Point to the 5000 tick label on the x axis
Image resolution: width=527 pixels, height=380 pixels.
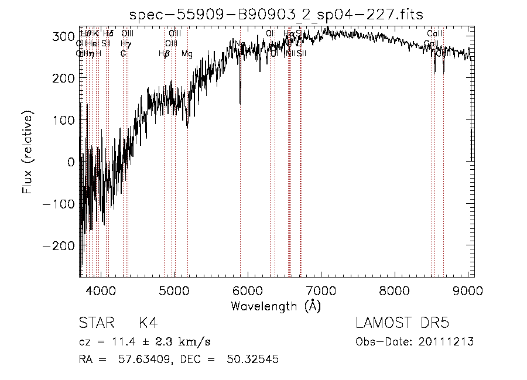pos(174,291)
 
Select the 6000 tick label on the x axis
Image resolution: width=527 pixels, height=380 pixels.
pos(248,291)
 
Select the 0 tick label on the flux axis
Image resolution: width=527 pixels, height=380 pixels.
pos(71,162)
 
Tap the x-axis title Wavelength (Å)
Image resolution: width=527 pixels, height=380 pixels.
pos(276,306)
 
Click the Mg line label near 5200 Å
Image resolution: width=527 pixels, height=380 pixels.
pos(187,54)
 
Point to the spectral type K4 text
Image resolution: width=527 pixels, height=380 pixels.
pos(148,323)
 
